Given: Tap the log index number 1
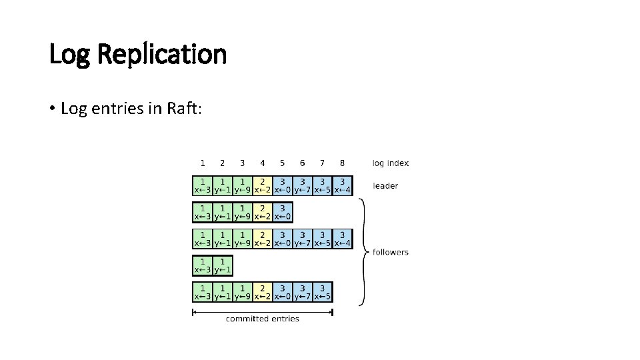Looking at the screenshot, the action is click(x=203, y=163).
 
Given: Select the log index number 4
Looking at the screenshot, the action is click(x=263, y=163).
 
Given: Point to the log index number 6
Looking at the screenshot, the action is click(x=303, y=163).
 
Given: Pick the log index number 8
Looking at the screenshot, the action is click(x=342, y=163).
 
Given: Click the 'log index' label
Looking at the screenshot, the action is click(x=391, y=163).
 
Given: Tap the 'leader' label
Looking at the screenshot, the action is click(x=385, y=185).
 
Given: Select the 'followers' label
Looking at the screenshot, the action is click(x=391, y=252).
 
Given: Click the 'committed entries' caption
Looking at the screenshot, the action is click(x=263, y=319).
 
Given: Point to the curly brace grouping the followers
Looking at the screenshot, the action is click(x=363, y=252).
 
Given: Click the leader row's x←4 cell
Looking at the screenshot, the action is click(x=342, y=185).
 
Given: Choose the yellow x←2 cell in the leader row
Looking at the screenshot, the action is click(x=263, y=185).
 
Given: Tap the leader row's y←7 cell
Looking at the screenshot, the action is click(x=303, y=185).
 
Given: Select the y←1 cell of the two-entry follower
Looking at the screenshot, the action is click(x=223, y=265).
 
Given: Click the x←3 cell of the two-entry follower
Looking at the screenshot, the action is click(x=203, y=265).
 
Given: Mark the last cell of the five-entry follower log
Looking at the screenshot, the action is click(x=283, y=212).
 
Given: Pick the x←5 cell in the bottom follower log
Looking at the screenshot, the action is click(x=323, y=292).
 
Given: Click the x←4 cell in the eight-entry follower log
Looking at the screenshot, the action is click(x=342, y=239).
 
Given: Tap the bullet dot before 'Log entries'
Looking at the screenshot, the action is click(x=51, y=109).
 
